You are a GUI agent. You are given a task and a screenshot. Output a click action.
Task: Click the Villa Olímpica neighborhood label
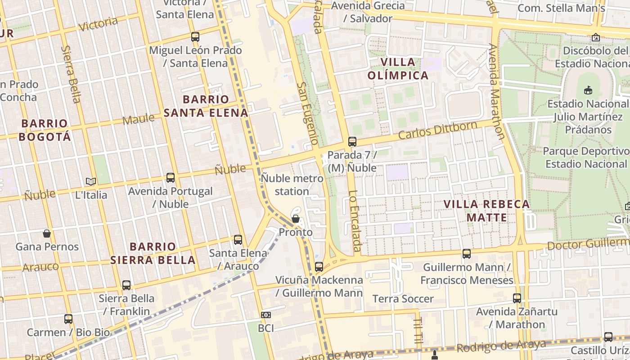398,68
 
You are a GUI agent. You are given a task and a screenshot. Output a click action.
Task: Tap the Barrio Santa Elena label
206,106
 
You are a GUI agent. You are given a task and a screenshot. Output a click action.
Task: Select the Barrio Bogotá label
45,130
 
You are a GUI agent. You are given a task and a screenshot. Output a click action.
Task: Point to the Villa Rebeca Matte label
486,211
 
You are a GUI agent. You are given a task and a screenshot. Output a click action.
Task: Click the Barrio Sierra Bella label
153,253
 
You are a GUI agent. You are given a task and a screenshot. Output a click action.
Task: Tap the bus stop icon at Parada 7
352,141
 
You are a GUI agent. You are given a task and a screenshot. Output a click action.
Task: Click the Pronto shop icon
296,219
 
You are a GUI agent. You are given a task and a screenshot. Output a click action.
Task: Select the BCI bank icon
266,315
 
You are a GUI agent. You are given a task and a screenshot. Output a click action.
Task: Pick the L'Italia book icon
91,181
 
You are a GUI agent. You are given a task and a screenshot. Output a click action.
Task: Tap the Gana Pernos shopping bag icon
46,233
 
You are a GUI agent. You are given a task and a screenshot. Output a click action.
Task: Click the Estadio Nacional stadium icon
588,90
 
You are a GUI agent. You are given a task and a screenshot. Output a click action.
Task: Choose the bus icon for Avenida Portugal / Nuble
171,177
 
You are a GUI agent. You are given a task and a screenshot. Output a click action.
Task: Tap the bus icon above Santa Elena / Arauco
238,239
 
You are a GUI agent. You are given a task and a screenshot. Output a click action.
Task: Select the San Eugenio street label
308,113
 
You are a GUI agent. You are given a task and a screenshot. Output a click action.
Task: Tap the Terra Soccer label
403,299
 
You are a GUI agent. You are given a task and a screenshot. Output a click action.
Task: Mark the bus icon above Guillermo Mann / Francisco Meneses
467,253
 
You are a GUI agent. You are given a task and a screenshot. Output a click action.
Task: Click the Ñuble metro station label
292,184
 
